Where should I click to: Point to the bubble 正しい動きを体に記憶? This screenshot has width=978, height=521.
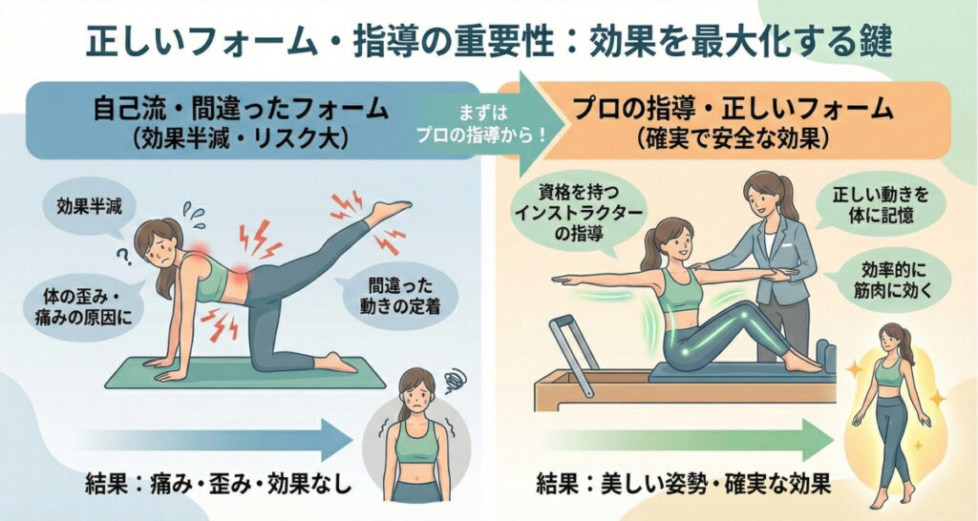880,204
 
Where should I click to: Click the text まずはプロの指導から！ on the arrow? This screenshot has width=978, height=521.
481,124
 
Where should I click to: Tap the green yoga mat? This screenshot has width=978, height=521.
244,373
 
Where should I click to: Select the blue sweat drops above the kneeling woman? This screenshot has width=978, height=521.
195,213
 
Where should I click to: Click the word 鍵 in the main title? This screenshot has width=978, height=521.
873,44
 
